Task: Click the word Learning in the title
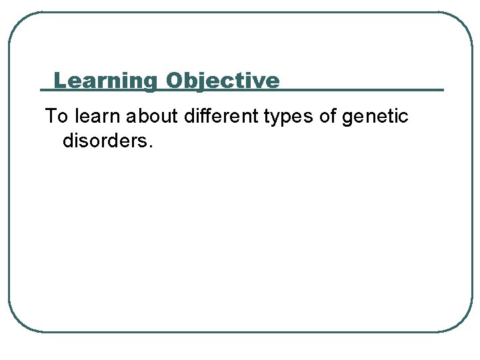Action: pyautogui.click(x=104, y=81)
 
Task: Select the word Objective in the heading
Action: pyautogui.click(x=223, y=81)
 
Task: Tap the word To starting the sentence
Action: pyautogui.click(x=57, y=117)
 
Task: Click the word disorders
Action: pyautogui.click(x=105, y=141)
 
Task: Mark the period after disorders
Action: pyautogui.click(x=151, y=147)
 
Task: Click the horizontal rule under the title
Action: pyautogui.click(x=360, y=89)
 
